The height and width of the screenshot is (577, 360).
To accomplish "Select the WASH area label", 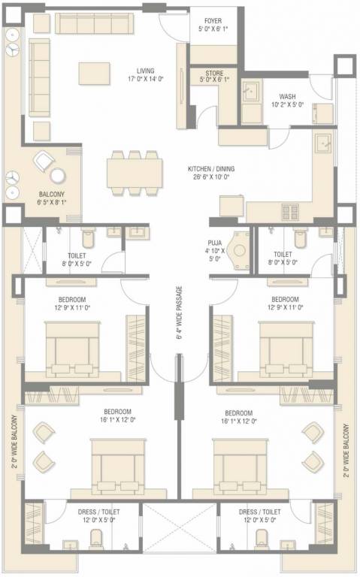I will tap(287, 96).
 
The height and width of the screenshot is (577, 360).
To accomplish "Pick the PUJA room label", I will tap(216, 243).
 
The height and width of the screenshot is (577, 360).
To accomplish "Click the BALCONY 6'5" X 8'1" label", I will tap(52, 197).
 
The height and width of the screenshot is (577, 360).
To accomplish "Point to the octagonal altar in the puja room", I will tap(240, 250).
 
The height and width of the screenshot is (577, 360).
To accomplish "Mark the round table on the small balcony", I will tap(57, 176).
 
